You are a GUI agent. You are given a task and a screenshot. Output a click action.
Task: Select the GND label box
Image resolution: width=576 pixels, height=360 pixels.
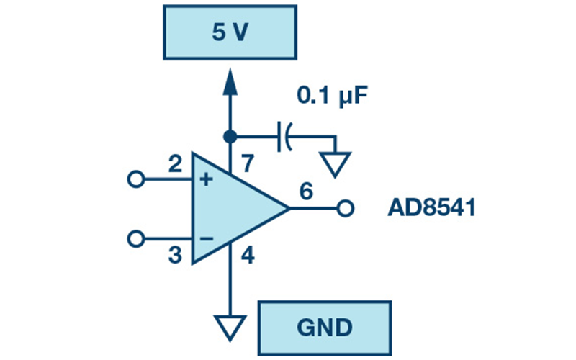[323, 328]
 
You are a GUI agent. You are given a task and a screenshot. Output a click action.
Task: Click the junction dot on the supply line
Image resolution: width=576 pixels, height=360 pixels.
[230, 135]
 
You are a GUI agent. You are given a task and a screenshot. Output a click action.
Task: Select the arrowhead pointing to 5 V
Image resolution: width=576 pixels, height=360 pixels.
[230, 81]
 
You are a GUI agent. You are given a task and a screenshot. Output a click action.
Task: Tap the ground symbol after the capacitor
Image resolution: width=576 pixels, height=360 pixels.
[336, 165]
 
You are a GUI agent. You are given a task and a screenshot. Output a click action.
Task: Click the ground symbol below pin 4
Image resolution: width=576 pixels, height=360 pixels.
[230, 328]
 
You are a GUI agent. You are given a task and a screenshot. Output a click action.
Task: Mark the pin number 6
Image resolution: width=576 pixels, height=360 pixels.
[305, 192]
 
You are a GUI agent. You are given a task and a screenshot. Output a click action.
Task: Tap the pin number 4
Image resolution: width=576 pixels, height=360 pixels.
[246, 255]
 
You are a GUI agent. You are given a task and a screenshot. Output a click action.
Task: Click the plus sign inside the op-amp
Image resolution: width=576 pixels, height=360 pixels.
[206, 180]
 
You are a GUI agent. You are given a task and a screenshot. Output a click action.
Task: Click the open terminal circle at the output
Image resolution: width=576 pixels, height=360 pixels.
[346, 210]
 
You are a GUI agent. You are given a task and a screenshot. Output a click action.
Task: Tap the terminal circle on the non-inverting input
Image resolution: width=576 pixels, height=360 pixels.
[135, 180]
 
